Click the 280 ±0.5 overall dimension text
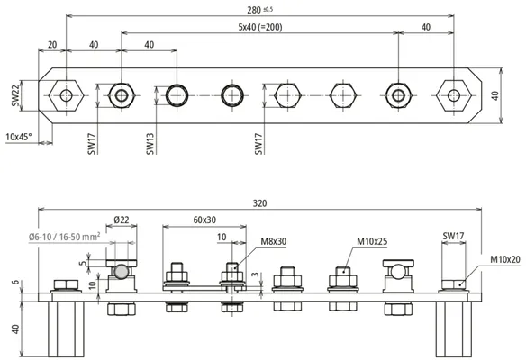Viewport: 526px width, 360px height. click(x=259, y=10)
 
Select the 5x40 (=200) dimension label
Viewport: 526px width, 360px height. click(x=260, y=27)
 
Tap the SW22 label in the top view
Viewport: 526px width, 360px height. click(x=15, y=95)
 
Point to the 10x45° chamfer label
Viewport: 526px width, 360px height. click(x=19, y=137)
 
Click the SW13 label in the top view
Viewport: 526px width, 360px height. click(x=150, y=144)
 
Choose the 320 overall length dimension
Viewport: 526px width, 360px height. click(x=259, y=203)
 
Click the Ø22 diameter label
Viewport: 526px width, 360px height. click(x=121, y=220)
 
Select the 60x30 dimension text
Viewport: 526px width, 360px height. click(x=204, y=220)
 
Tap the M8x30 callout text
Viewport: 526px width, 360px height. click(x=274, y=241)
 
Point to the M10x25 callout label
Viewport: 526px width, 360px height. click(x=372, y=241)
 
